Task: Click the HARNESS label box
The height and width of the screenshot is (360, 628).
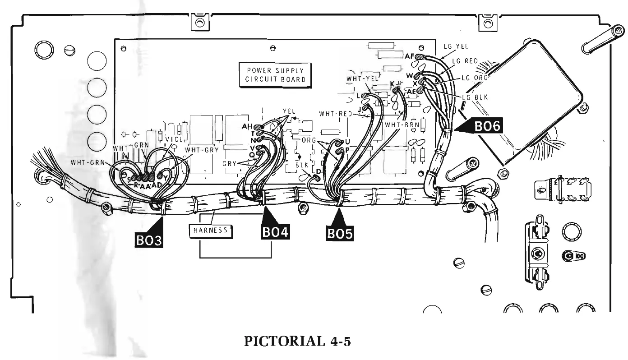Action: point(211,231)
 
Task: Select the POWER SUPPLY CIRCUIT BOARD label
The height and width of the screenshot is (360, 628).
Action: point(275,75)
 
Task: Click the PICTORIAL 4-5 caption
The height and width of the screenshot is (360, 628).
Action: point(297,342)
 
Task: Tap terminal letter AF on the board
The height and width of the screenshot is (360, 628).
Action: point(410,56)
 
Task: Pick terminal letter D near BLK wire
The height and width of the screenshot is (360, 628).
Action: point(319,171)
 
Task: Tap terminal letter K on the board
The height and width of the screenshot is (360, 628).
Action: point(392,83)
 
